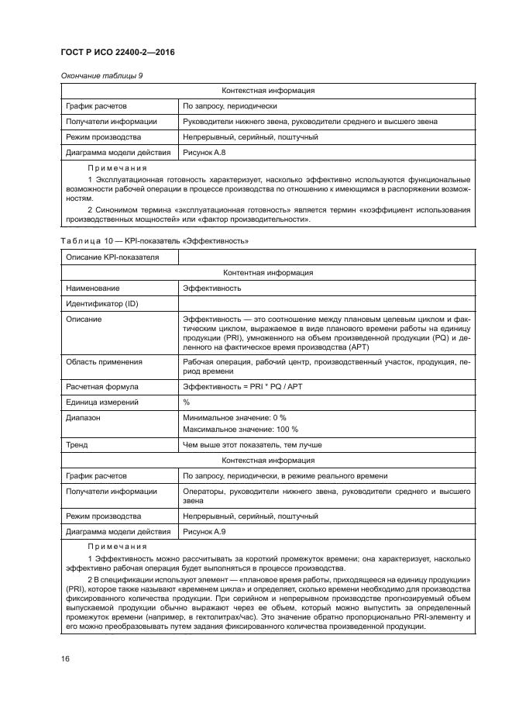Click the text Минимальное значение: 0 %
[234, 416]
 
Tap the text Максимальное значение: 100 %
[239, 429]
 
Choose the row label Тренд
[77, 445]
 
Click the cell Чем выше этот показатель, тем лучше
[252, 445]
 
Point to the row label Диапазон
[85, 416]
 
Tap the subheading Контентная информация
[267, 273]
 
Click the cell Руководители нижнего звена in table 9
[310, 121]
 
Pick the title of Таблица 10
[153, 241]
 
